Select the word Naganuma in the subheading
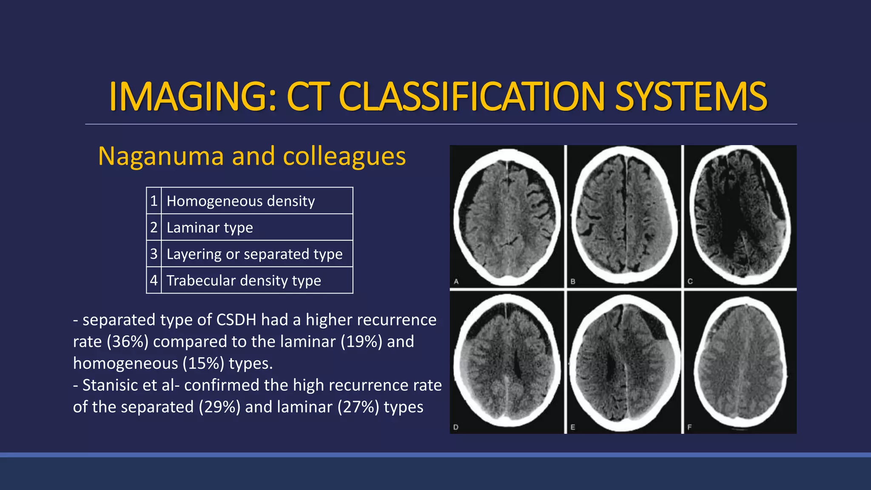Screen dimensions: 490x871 [161, 156]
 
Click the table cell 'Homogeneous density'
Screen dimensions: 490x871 [241, 201]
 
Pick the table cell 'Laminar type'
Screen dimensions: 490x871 [210, 228]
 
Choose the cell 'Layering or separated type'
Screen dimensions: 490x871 [254, 254]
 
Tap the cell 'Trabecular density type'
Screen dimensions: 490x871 [244, 281]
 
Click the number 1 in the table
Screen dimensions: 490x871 [154, 201]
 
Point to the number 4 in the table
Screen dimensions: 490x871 [154, 281]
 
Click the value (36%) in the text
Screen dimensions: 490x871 [128, 342]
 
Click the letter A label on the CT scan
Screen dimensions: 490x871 [456, 281]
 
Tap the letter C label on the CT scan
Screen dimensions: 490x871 [690, 281]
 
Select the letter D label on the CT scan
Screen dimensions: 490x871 [456, 427]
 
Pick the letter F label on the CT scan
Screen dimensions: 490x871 [689, 427]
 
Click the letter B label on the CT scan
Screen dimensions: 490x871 [573, 281]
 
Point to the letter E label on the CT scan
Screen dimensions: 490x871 [572, 427]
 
